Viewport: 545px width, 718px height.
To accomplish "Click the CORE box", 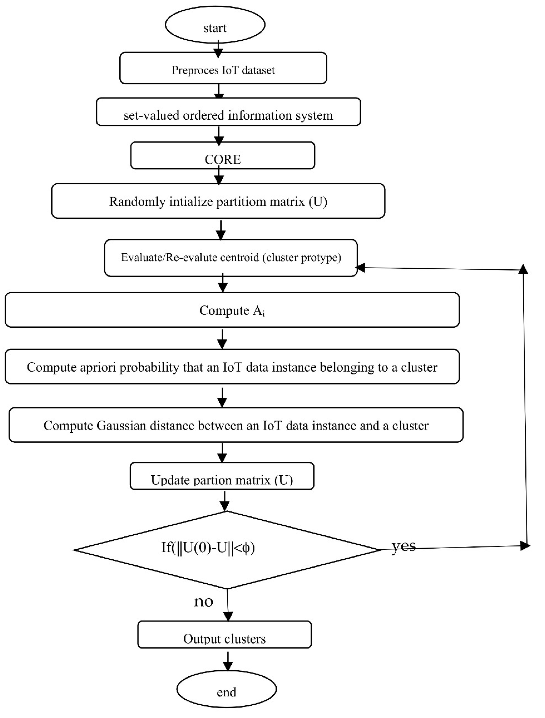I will [x=222, y=155].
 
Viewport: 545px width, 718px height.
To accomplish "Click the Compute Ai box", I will [x=232, y=310].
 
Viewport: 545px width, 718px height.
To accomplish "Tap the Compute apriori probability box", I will [x=232, y=367].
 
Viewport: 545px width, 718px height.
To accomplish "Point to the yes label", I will [x=403, y=546].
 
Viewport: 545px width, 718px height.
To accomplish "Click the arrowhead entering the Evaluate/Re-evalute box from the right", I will [x=361, y=268].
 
